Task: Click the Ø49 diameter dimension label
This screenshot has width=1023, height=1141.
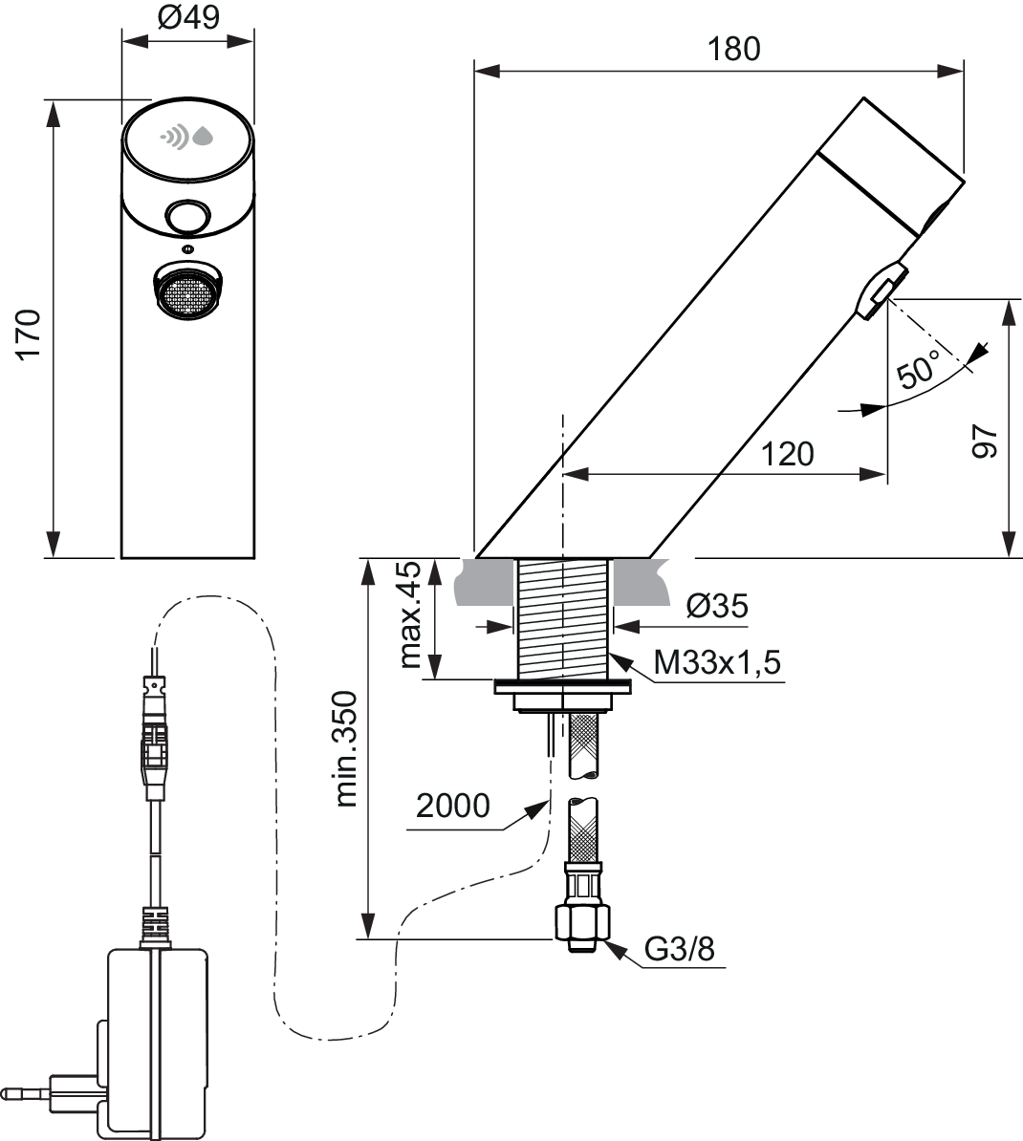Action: [x=187, y=17]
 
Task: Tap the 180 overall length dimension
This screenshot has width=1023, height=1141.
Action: [x=733, y=49]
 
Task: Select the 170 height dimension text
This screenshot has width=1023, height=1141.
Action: [x=29, y=334]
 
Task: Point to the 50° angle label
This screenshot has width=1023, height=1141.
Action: [x=919, y=369]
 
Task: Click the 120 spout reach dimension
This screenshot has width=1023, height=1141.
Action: [x=787, y=454]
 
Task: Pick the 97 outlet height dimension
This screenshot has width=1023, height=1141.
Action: [x=985, y=441]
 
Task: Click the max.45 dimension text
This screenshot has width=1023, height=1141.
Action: [x=410, y=614]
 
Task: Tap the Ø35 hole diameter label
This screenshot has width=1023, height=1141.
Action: [x=717, y=606]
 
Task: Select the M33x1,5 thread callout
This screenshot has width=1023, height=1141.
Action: [x=717, y=663]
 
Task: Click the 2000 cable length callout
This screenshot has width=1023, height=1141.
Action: [x=453, y=806]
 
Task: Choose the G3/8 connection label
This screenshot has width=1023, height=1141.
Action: [x=680, y=949]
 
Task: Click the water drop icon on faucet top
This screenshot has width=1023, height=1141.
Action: [x=203, y=136]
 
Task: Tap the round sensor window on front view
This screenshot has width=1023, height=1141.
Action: [x=187, y=217]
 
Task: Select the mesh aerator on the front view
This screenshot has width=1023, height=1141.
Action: [x=187, y=292]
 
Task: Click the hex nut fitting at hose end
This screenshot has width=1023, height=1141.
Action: [x=580, y=923]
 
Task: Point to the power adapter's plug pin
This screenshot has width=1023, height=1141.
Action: [x=25, y=1093]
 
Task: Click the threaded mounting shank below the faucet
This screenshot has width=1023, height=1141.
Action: [x=564, y=618]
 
